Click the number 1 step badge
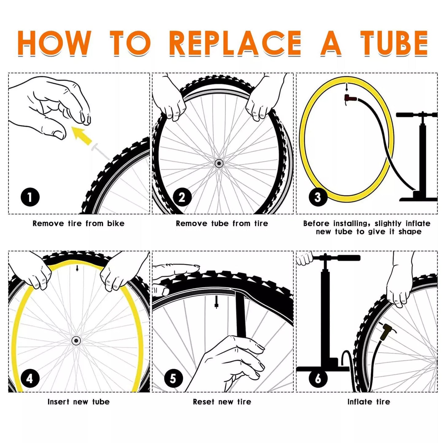[30, 197]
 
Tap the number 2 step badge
[182, 197]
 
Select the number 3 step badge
[318, 197]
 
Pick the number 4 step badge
[30, 378]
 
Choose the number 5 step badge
[174, 378]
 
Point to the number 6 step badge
[318, 378]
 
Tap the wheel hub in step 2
[219, 163]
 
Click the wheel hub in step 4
[76, 341]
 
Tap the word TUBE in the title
[394, 43]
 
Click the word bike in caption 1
[116, 223]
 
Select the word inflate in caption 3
[418, 223]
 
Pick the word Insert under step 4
[59, 402]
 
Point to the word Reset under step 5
[203, 402]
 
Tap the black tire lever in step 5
[241, 316]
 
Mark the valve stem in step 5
[216, 302]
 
